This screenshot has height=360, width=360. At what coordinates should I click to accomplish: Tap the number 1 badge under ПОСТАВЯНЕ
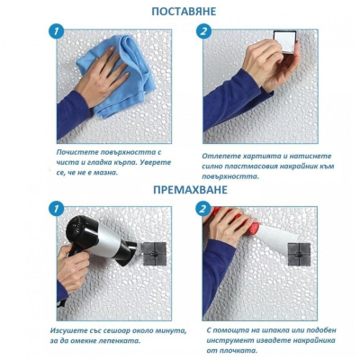click(56, 32)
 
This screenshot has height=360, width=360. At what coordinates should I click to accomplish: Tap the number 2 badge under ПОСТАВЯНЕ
click(203, 32)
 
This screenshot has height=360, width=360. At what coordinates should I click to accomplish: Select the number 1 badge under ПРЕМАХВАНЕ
click(56, 210)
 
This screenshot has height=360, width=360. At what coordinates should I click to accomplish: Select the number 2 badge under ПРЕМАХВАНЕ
click(203, 210)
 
